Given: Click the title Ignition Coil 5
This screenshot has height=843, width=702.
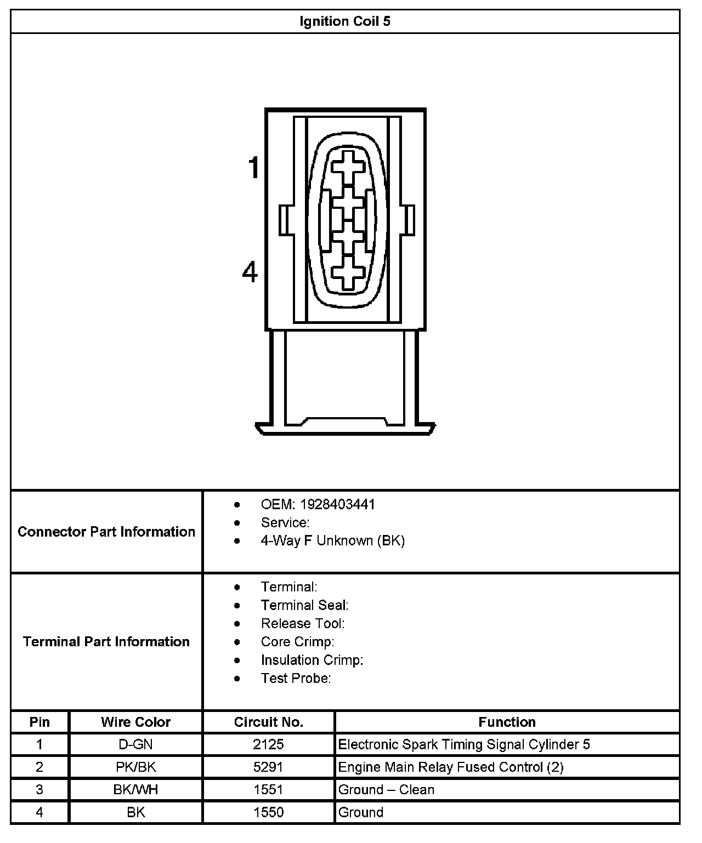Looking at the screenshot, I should coord(345,22).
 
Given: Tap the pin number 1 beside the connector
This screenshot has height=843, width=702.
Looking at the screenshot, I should coord(253,168).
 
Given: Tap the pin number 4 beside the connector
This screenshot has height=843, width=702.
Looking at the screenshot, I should coord(250,272).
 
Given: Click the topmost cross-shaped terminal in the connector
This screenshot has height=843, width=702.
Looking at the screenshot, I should coord(348,167).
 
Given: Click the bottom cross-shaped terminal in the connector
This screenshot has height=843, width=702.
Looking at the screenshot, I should coord(348,272).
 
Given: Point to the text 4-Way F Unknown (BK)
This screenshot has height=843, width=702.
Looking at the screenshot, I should coord(332,541).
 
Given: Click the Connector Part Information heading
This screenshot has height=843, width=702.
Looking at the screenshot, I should coord(106,532).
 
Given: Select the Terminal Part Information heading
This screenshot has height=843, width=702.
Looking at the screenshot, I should coord(106,642).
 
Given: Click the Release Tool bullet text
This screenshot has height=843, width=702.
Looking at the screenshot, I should coord(303,624).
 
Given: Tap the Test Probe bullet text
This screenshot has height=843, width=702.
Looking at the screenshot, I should coord(296,679).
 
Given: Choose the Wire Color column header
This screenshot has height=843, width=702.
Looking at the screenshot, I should coord(135,722).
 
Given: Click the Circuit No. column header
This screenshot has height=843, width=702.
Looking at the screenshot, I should coord(268,722).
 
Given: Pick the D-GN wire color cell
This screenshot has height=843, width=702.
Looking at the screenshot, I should coord(135,745).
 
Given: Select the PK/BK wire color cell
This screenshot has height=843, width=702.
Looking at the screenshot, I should coord(135,767).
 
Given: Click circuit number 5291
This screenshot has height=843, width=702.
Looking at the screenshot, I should coord(268,767).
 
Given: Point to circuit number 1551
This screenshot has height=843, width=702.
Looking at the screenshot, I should coord(268,790).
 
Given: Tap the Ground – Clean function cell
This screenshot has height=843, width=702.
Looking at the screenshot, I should coord(386,790).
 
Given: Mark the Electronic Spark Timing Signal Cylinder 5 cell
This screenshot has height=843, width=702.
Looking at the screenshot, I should coord(464,745).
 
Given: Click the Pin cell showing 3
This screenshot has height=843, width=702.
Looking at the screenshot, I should coord(39,790).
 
